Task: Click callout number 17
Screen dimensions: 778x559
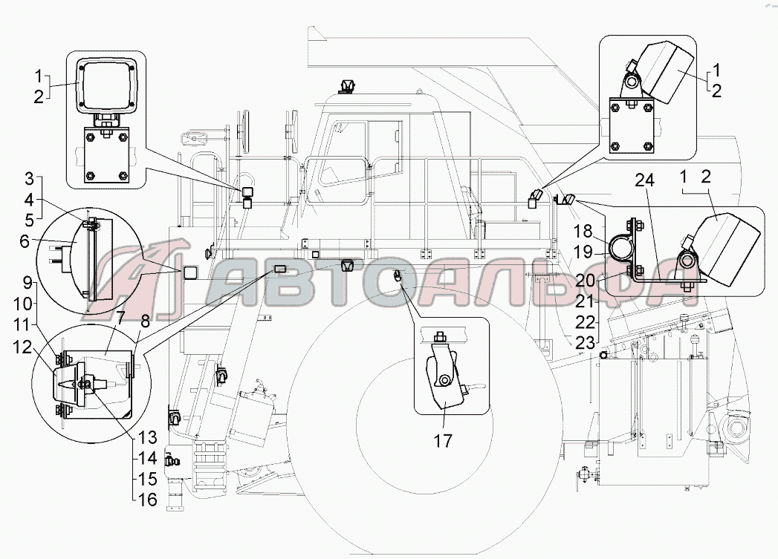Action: (x=444, y=440)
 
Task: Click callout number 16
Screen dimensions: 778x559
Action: (x=148, y=500)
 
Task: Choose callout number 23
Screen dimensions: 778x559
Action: (x=586, y=344)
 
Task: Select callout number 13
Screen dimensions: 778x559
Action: (x=148, y=437)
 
